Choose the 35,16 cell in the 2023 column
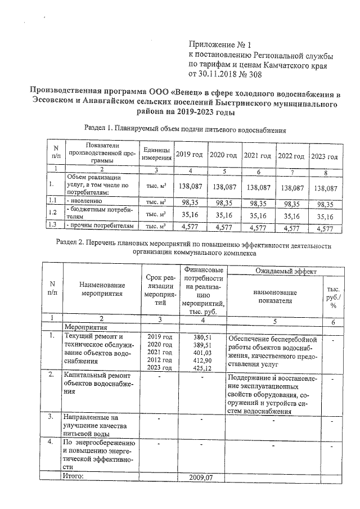(x=325, y=215)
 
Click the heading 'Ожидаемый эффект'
(x=285, y=271)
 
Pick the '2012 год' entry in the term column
(x=159, y=359)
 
